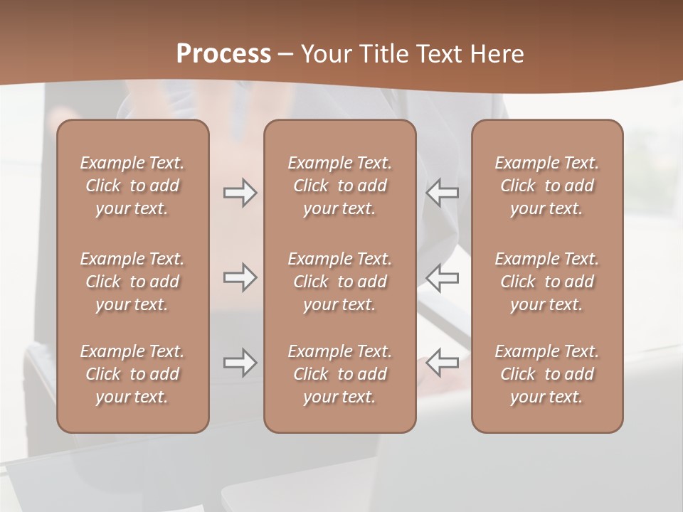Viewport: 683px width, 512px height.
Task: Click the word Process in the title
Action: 223,54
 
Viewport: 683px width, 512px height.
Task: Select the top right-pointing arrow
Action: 240,193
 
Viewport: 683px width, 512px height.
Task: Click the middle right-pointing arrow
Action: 240,277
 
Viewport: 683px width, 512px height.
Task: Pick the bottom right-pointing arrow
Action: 240,363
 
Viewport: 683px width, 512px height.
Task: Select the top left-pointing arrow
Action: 442,193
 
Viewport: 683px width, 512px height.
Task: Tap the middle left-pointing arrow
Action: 442,277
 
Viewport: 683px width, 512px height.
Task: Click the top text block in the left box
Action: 132,186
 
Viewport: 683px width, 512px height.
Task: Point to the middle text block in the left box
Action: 132,282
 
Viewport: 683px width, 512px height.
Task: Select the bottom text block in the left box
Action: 132,374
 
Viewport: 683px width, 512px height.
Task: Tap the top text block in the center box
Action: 339,186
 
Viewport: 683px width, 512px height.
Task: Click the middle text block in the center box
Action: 339,282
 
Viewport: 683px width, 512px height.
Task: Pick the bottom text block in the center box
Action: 339,374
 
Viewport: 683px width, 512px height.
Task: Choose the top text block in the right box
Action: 546,186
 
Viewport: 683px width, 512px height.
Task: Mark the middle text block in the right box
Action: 546,282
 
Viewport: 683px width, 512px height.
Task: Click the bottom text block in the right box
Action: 546,374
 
